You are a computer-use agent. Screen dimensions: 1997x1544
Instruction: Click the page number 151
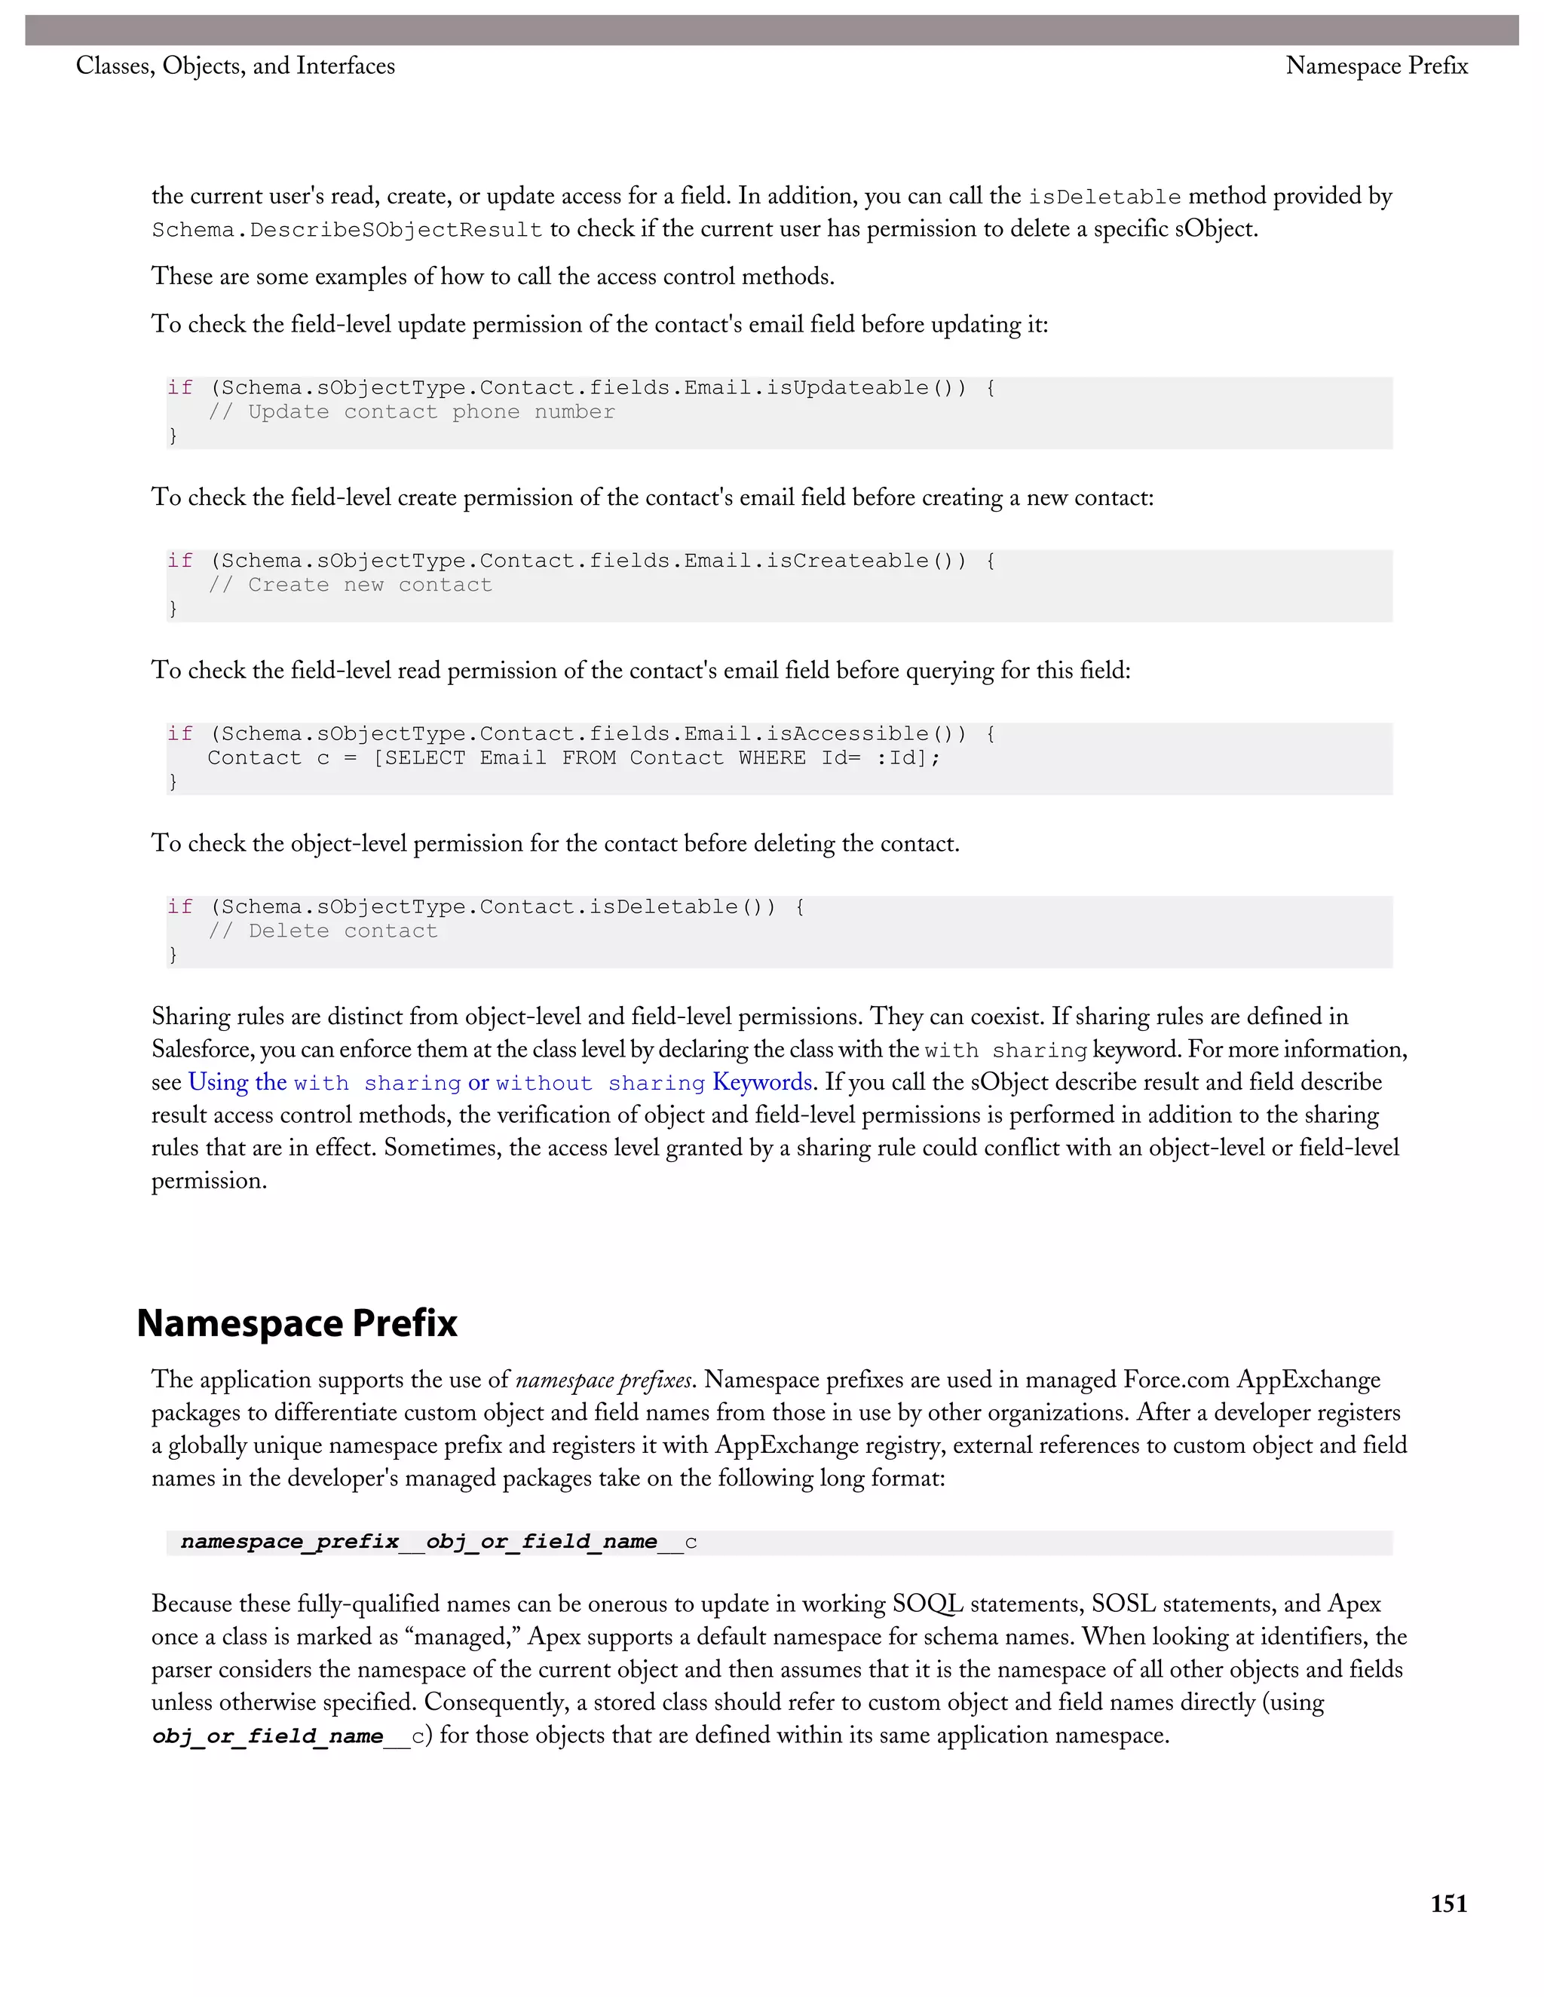pyautogui.click(x=1448, y=1904)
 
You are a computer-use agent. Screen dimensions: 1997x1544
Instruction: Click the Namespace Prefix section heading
pyautogui.click(x=296, y=1323)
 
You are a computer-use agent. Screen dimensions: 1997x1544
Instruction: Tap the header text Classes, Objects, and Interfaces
pyautogui.click(x=235, y=66)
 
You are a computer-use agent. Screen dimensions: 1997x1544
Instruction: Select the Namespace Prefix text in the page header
pyautogui.click(x=1376, y=66)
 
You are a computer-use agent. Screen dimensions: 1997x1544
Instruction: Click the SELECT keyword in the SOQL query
pyautogui.click(x=425, y=758)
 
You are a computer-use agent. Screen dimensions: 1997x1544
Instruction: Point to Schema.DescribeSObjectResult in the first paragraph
pyautogui.click(x=347, y=230)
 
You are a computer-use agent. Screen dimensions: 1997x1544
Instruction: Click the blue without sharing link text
pyautogui.click(x=600, y=1084)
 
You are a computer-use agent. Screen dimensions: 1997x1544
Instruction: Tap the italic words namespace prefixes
pyautogui.click(x=604, y=1380)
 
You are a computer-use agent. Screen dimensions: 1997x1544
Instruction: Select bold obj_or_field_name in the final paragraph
pyautogui.click(x=267, y=1736)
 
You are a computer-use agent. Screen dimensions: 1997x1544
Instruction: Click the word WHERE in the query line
pyautogui.click(x=772, y=758)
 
